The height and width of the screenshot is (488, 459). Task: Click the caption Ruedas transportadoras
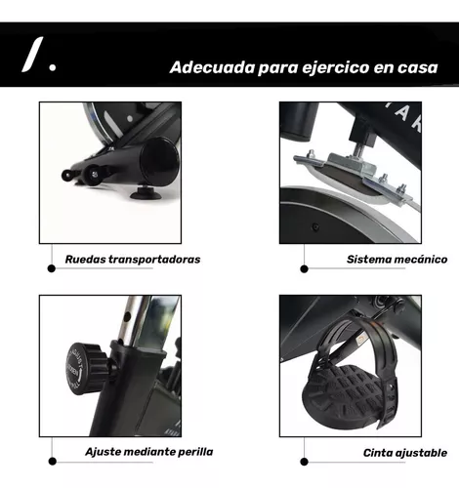point(133,260)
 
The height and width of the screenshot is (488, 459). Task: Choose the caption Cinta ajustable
point(405,452)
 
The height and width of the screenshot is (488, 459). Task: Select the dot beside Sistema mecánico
point(305,264)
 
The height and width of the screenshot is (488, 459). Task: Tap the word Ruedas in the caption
point(87,260)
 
